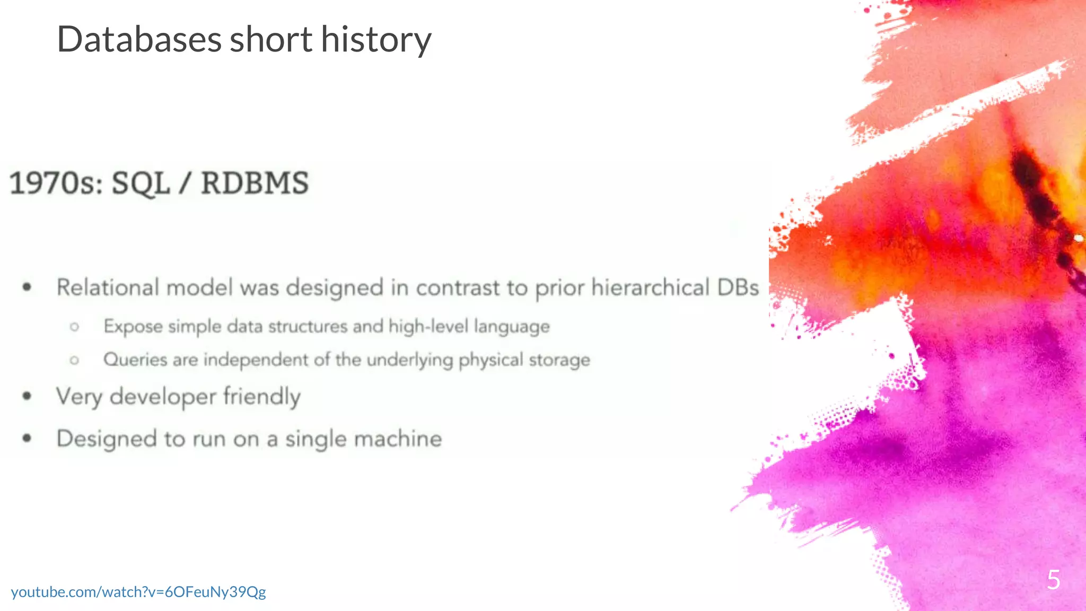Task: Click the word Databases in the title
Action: pos(139,40)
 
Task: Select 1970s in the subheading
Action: pos(56,184)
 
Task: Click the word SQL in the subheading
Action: pos(141,184)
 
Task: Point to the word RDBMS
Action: pos(255,184)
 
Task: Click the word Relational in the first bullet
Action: pos(108,287)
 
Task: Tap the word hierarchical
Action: pos(650,287)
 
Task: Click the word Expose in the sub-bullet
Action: pos(133,326)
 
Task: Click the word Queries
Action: pos(135,360)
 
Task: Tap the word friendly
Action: pos(262,397)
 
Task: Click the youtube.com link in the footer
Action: pos(138,592)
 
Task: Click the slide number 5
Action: pos(1053,580)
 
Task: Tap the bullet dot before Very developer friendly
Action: pos(27,396)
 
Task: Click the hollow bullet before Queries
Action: pos(74,361)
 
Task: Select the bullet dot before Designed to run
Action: pos(27,438)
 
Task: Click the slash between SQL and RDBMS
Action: pos(185,184)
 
